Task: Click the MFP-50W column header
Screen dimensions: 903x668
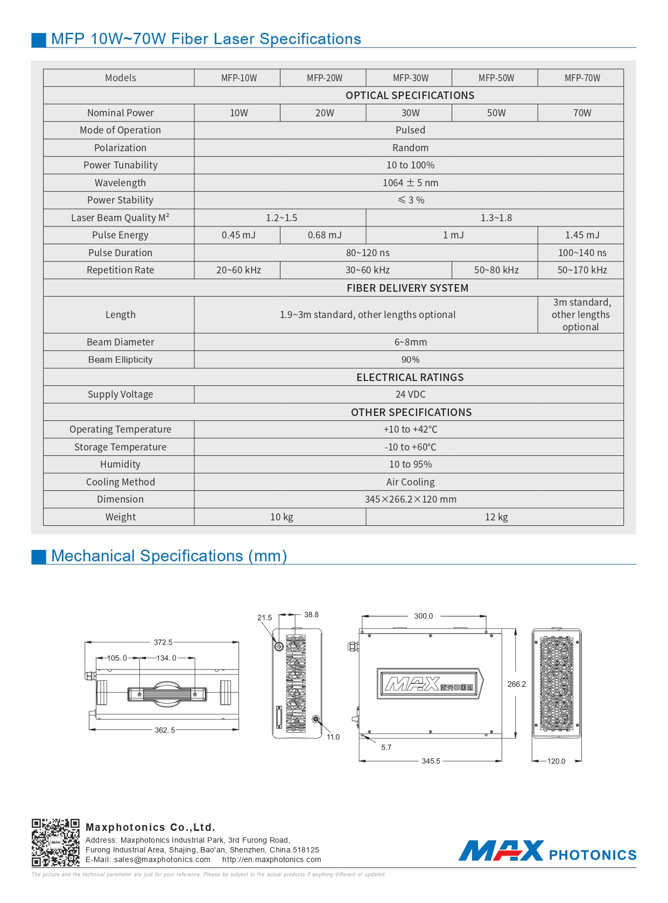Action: click(x=496, y=78)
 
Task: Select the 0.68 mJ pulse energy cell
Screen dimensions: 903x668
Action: click(x=325, y=235)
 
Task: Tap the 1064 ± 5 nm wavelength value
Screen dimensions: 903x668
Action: click(x=410, y=183)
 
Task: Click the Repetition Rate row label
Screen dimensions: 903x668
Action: click(x=120, y=270)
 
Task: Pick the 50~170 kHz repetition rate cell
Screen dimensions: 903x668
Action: click(x=582, y=270)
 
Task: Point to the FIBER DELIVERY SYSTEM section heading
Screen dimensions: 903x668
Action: click(x=407, y=288)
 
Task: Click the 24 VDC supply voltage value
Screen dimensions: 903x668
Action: click(x=410, y=394)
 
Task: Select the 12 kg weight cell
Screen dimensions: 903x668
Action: click(x=496, y=517)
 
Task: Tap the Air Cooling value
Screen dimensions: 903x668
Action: click(x=410, y=482)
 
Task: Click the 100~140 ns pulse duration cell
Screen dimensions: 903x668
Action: click(x=582, y=253)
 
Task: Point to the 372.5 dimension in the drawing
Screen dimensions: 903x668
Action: click(x=163, y=642)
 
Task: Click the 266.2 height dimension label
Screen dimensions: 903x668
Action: click(x=516, y=684)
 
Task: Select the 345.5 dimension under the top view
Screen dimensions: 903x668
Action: click(x=431, y=761)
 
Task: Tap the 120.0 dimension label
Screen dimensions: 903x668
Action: click(x=556, y=761)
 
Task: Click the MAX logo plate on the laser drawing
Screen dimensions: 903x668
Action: click(x=430, y=684)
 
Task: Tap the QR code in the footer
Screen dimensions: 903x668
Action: click(x=55, y=842)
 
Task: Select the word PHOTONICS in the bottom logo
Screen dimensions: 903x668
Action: click(x=592, y=855)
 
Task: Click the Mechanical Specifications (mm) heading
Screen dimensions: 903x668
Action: click(x=168, y=556)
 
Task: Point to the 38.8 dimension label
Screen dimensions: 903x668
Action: click(x=311, y=615)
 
